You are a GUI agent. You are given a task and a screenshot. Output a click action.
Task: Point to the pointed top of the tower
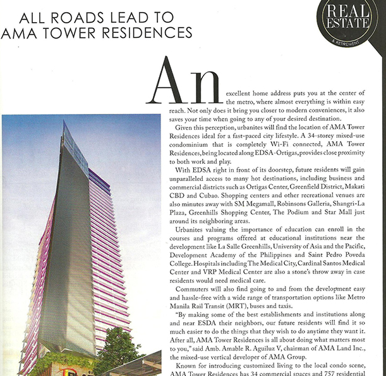coord(65,124)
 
